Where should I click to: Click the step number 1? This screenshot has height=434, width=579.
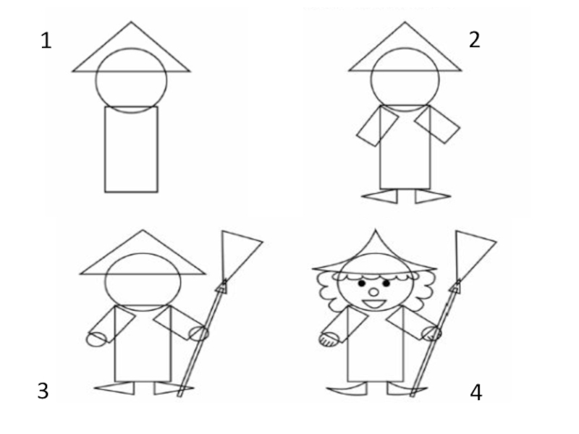coord(46,41)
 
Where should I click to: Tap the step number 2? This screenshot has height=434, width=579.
coord(475,40)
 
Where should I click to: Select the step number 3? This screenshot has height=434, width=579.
coord(43,391)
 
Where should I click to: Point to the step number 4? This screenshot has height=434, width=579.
coord(476,393)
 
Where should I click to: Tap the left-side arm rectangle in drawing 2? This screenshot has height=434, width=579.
coord(377,126)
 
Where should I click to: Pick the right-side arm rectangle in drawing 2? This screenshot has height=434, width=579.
coord(438,124)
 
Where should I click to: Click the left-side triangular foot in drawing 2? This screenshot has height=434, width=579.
coord(381,196)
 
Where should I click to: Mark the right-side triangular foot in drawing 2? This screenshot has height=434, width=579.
coord(432,196)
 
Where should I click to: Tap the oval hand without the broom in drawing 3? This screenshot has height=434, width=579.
coord(96,339)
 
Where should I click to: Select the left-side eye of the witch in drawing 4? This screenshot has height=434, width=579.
coord(362,284)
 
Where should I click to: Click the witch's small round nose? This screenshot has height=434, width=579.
coord(374,292)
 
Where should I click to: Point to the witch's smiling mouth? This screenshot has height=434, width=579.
coord(374,305)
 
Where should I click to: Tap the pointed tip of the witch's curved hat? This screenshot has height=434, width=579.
coord(376,230)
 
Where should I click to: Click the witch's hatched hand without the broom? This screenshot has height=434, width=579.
coord(328,339)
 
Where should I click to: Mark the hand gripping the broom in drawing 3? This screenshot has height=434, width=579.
coord(198,333)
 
